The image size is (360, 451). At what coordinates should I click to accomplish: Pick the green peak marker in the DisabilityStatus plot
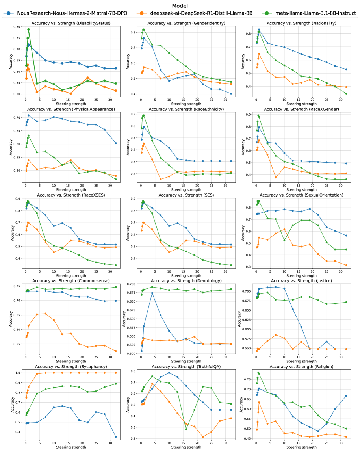[28, 30]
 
